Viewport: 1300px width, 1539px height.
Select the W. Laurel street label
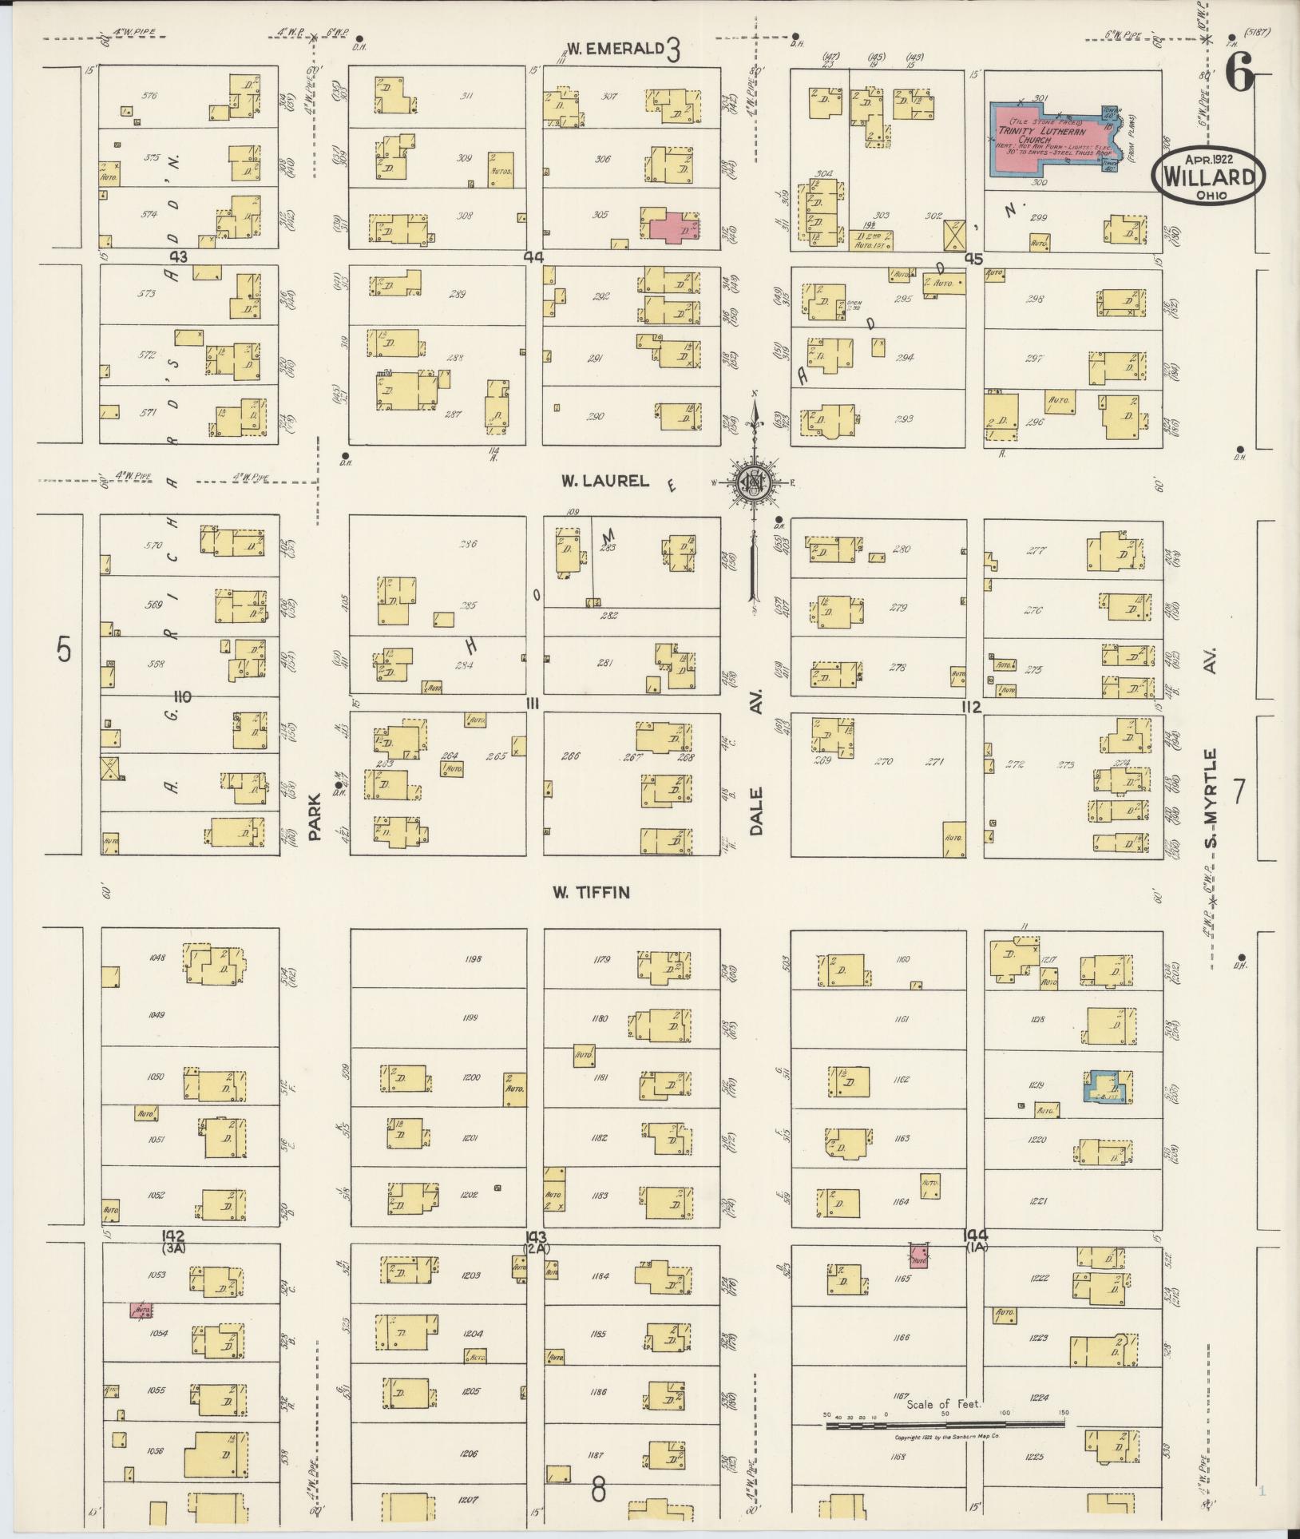[593, 481]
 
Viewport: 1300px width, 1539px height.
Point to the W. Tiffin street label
[592, 892]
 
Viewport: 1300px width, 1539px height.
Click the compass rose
[753, 482]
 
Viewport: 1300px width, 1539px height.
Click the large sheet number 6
[1239, 77]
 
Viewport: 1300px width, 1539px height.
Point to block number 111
[533, 701]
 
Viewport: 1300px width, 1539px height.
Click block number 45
[973, 259]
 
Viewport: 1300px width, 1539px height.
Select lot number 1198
[472, 958]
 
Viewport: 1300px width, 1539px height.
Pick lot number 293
[905, 418]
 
